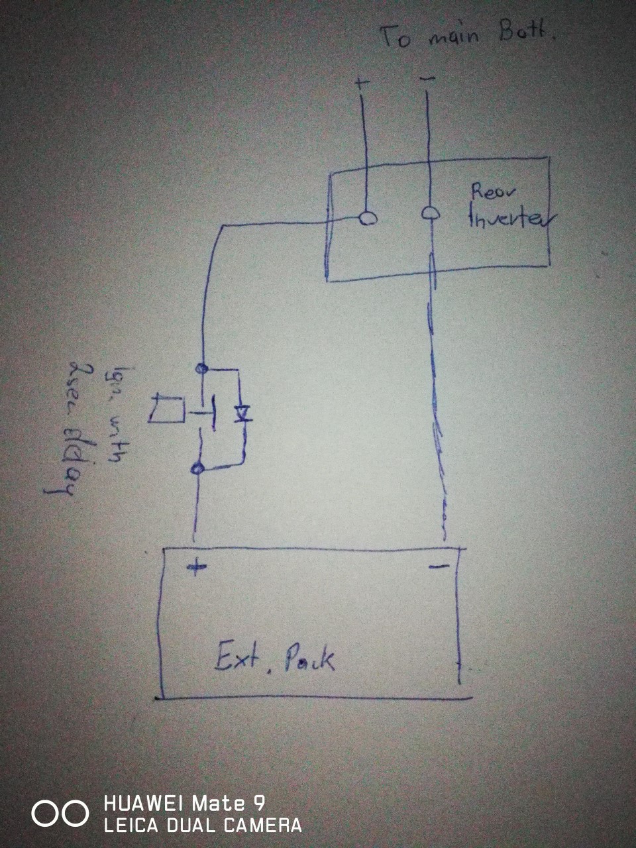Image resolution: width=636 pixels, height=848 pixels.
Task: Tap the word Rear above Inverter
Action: pos(494,191)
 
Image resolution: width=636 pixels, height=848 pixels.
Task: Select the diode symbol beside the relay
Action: pos(242,413)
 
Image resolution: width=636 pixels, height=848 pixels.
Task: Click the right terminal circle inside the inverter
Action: pos(430,213)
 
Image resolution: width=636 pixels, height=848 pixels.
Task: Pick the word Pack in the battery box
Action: pos(309,660)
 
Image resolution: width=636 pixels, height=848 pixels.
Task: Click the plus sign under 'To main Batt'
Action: pos(361,84)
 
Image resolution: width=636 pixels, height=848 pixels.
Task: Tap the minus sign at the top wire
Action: pos(428,79)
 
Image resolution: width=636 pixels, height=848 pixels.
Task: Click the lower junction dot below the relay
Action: pos(196,469)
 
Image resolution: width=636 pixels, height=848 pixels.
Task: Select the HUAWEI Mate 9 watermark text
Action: pos(184,804)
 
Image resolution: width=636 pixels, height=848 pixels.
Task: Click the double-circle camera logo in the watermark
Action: pos(60,814)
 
